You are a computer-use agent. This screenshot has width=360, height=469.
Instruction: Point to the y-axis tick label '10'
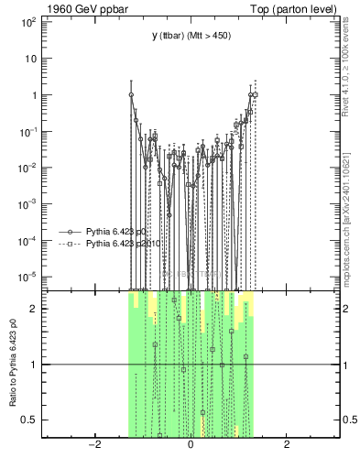pyautogui.click(x=30, y=59)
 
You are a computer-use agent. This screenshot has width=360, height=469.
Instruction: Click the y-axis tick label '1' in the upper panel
pyautogui.click(x=33, y=95)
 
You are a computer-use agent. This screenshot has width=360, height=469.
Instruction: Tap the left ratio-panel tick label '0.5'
pyautogui.click(x=28, y=420)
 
